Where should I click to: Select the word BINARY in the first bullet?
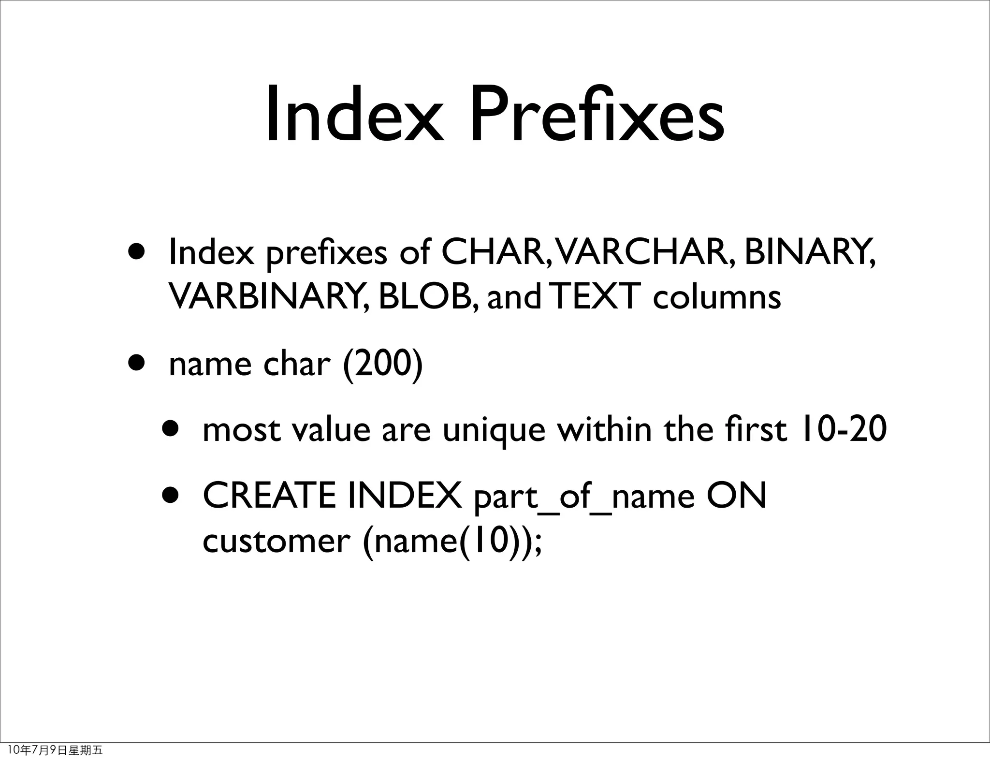[809, 252]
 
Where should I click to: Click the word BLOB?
[428, 296]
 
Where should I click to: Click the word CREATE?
[269, 496]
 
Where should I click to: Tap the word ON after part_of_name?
[736, 496]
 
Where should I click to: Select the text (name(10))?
[452, 542]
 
